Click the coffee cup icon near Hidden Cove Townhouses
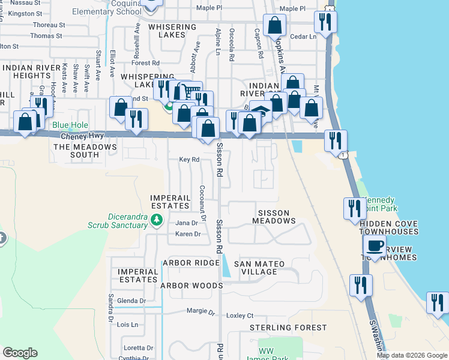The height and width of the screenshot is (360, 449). pos(375,246)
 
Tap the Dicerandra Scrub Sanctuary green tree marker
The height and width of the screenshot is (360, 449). pos(157,220)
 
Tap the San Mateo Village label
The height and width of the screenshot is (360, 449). pos(264,268)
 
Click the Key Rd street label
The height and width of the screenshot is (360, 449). pos(189,160)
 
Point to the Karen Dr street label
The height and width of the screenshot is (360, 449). pos(187,234)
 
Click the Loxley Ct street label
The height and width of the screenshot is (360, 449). pos(240,316)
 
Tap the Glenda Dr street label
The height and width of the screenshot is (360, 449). pos(131,301)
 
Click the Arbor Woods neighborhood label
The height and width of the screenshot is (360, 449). pos(191,286)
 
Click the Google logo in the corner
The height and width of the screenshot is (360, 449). pos(20,353)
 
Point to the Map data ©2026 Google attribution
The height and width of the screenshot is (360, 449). pos(412,355)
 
